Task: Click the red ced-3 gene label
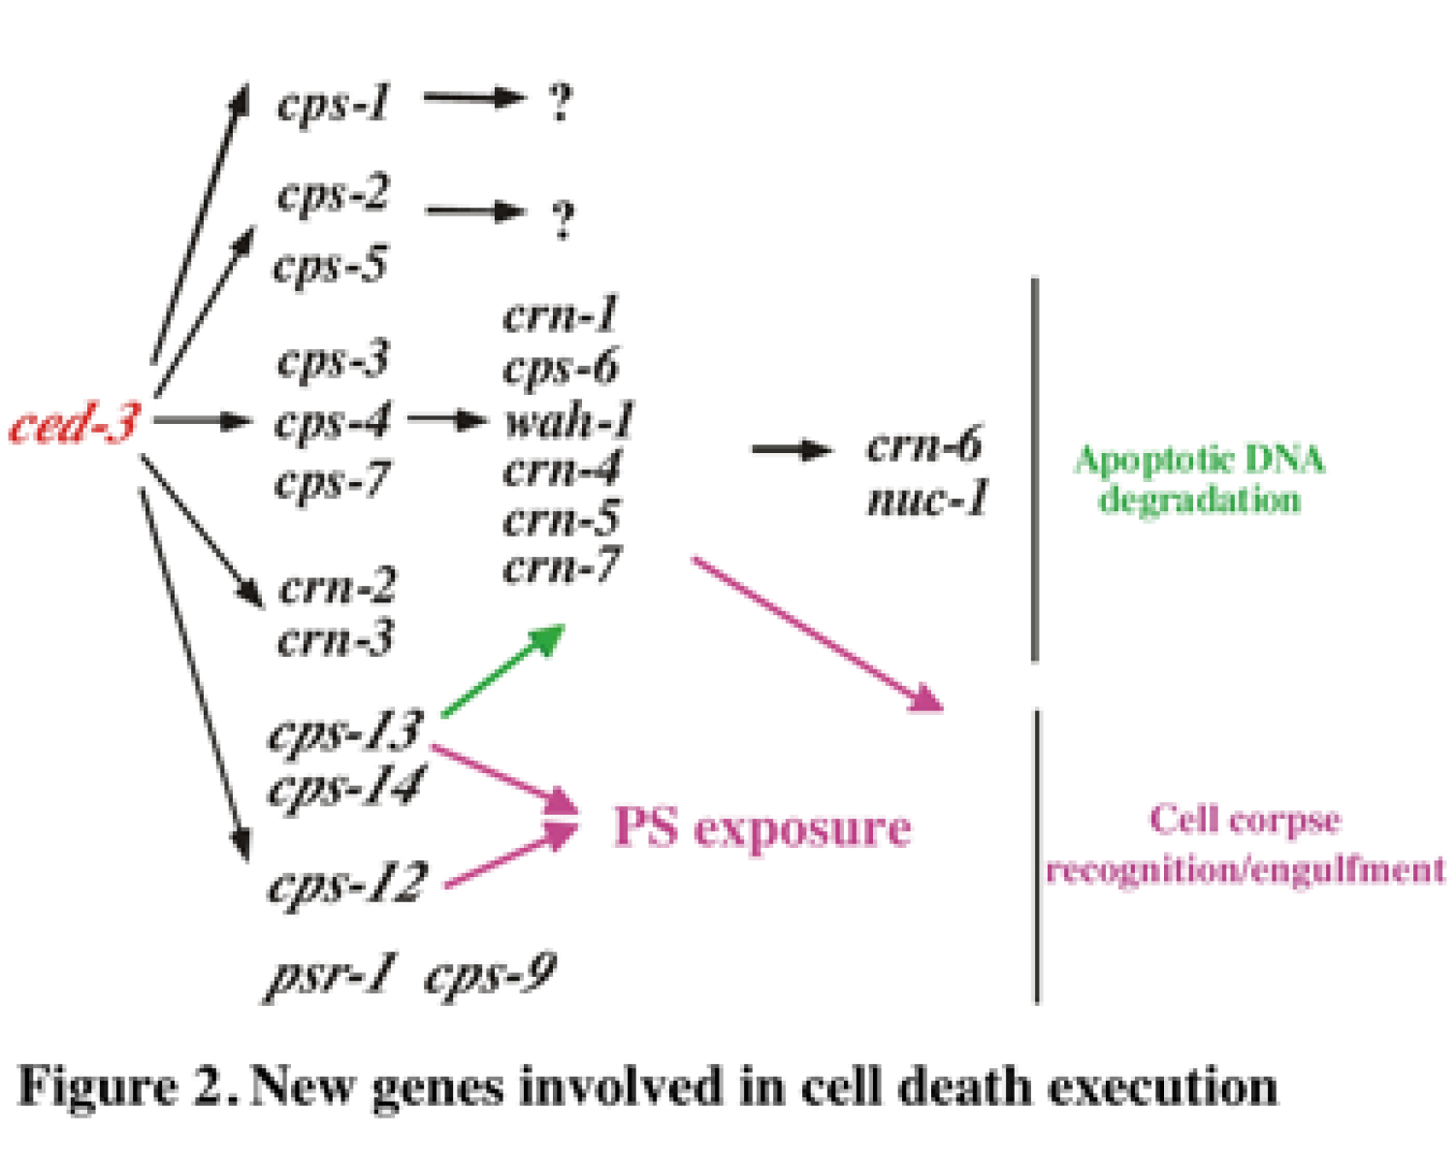(74, 423)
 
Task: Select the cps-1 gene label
(333, 102)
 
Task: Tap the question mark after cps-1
(560, 102)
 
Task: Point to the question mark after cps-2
(563, 219)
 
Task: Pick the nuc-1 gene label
(927, 500)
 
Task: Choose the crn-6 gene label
(923, 445)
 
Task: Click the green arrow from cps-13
(502, 671)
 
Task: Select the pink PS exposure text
(762, 828)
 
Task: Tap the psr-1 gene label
(331, 974)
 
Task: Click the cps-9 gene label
(491, 974)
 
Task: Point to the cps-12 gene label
(346, 883)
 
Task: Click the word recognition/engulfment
(1245, 869)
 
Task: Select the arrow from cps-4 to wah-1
(447, 420)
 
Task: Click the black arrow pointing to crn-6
(792, 449)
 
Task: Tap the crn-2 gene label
(337, 587)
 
